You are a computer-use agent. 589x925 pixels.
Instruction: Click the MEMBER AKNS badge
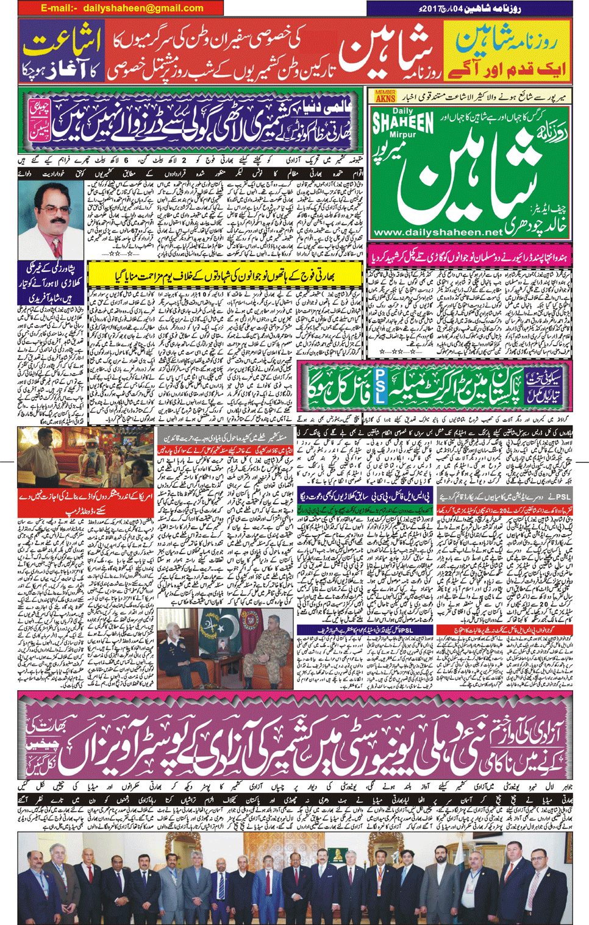385,96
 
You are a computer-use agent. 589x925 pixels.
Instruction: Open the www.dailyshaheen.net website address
437,232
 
